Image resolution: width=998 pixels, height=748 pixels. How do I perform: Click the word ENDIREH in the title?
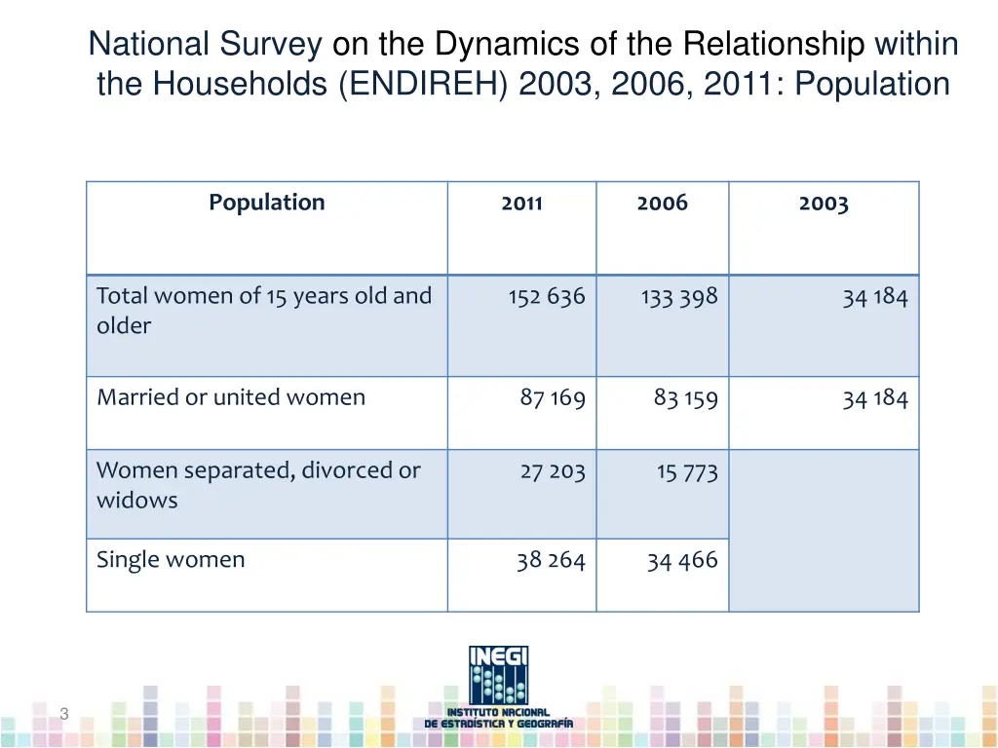click(425, 85)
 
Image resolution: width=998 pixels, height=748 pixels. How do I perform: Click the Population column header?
click(266, 203)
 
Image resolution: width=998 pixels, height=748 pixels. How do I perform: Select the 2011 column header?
click(521, 204)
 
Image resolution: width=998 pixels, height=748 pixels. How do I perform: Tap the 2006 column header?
click(662, 203)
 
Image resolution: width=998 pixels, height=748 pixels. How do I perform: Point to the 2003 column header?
click(824, 204)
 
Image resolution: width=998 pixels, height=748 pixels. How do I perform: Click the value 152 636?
click(547, 297)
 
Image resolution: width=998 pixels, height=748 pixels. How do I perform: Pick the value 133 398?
click(679, 297)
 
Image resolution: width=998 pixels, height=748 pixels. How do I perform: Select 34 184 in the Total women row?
click(875, 297)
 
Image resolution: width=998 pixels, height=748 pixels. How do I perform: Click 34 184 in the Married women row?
click(875, 398)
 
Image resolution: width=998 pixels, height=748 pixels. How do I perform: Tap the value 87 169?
click(553, 398)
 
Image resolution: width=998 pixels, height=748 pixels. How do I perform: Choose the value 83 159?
click(685, 398)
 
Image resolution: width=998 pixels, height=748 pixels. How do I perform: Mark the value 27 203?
click(553, 472)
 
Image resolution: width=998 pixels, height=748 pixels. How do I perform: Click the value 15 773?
click(687, 472)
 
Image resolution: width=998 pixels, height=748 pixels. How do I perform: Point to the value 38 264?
click(551, 561)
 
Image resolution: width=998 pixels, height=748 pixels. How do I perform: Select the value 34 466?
click(682, 561)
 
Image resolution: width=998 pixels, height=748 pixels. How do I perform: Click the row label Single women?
click(171, 560)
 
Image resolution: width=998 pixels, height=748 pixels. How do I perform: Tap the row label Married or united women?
click(231, 397)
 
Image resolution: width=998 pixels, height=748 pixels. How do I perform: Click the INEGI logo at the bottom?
click(499, 687)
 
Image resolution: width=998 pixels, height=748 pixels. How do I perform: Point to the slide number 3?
click(64, 714)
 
